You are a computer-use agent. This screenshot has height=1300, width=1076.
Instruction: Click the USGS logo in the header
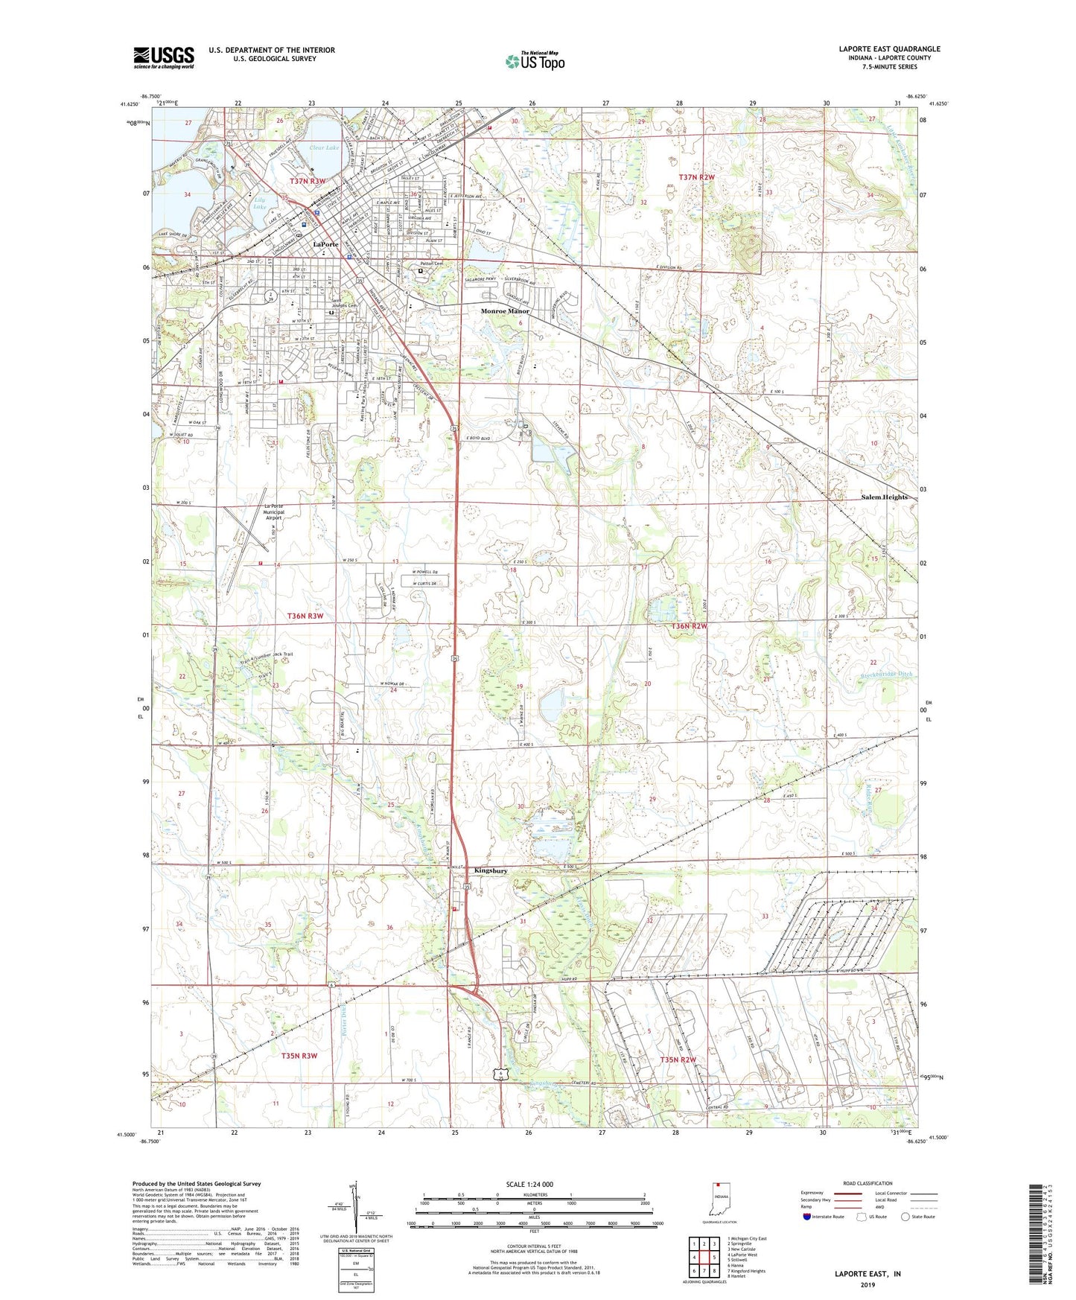164,57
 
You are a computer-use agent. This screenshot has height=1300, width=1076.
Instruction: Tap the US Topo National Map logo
535,61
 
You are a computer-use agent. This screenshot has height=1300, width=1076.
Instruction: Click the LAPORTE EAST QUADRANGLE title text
889,49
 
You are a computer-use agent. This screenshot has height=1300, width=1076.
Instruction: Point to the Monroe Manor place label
505,311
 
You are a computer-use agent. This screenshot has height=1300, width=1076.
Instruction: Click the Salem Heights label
884,497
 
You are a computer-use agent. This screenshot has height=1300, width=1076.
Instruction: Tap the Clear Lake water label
324,147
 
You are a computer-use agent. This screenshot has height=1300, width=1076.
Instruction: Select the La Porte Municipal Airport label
273,512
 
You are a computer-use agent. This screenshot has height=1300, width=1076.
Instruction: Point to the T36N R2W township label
689,626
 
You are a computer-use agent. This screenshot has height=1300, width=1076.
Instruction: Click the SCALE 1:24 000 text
529,1184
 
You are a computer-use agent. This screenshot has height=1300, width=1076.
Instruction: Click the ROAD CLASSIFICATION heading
868,1183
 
